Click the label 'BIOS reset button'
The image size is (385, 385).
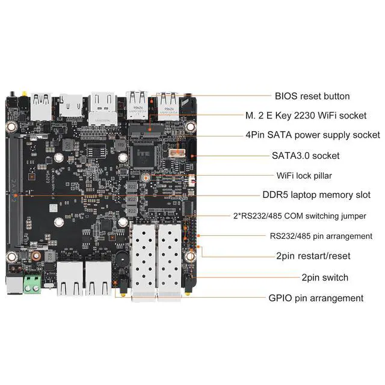click(312, 96)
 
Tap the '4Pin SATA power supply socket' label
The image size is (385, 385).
click(312, 135)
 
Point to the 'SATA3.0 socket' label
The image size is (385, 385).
click(305, 156)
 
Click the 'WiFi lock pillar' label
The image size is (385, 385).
click(304, 176)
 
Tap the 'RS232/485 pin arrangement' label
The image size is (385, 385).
click(321, 236)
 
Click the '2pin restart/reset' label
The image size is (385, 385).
click(313, 256)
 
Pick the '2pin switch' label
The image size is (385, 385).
click(324, 277)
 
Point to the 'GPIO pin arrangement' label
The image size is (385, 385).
click(315, 298)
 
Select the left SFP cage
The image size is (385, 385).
click(144, 259)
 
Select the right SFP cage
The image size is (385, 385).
click(170, 259)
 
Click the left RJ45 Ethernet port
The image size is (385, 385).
click(70, 279)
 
